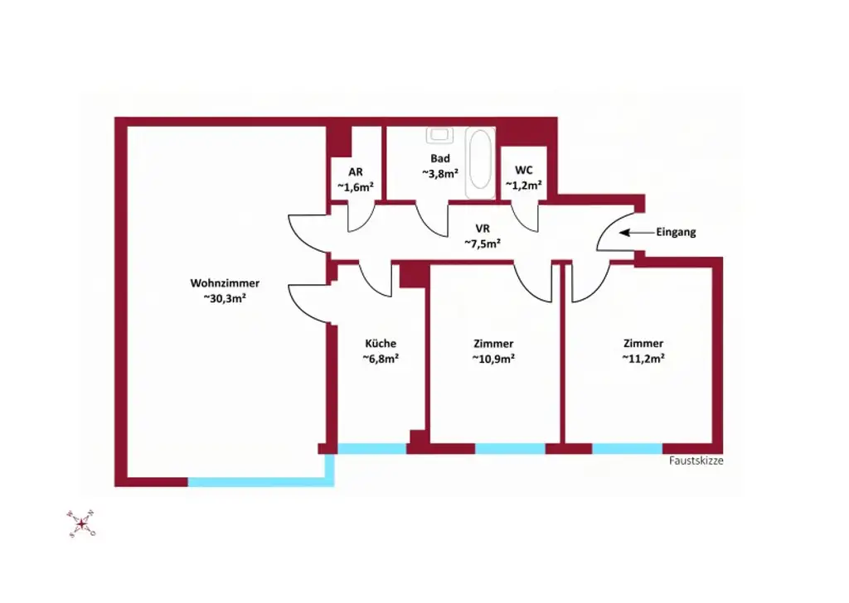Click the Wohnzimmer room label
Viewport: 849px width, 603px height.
225,282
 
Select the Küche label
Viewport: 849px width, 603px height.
381,343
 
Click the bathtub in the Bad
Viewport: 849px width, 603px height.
479,162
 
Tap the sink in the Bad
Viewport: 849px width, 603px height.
439,134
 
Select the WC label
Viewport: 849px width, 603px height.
524,170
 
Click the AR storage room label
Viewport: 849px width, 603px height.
356,171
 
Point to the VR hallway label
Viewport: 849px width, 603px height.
482,228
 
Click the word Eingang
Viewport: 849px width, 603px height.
676,233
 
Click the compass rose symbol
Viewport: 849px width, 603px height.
81,523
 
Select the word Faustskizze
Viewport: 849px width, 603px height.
696,461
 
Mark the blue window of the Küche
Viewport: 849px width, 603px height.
372,448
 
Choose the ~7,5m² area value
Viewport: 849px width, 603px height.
482,243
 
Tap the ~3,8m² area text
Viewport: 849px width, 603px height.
439,173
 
